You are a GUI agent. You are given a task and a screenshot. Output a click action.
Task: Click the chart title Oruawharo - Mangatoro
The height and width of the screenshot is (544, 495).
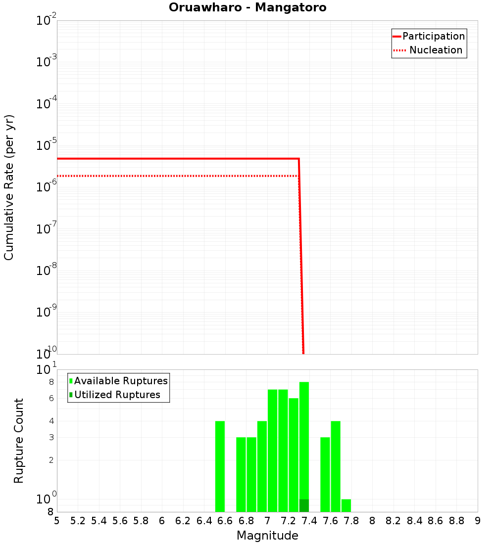click(x=247, y=8)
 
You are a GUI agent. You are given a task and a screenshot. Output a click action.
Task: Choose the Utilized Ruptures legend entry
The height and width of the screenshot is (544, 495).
click(x=117, y=395)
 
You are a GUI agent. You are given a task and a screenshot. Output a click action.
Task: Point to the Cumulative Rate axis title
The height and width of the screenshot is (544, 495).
click(x=9, y=187)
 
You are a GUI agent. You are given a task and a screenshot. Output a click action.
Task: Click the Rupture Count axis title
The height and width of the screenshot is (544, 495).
click(x=19, y=441)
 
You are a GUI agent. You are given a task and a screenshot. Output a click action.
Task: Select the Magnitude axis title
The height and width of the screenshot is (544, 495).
click(x=267, y=536)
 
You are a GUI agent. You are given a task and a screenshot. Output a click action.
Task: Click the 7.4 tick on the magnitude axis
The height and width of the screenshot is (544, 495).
click(x=309, y=521)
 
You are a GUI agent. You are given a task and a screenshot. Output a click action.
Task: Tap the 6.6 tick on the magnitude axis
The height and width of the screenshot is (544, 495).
click(x=225, y=521)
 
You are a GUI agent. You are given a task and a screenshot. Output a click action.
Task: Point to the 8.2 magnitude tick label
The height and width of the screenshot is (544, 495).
click(x=394, y=521)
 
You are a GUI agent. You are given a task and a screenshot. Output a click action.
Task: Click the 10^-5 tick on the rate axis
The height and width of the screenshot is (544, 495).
click(x=46, y=145)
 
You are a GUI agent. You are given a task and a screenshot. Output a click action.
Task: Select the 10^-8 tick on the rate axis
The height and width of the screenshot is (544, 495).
click(x=46, y=271)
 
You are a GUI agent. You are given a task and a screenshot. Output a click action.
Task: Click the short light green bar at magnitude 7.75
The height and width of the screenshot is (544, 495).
click(x=346, y=505)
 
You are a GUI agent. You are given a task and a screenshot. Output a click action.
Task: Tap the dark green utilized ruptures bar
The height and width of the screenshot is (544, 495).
click(x=304, y=505)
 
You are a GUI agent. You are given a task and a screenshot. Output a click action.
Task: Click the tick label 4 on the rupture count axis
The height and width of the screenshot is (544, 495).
click(x=51, y=421)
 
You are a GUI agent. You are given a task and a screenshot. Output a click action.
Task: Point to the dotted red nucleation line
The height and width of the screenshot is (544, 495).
click(x=173, y=176)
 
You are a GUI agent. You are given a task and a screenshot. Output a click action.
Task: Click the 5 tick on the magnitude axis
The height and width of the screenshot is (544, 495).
click(x=57, y=521)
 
